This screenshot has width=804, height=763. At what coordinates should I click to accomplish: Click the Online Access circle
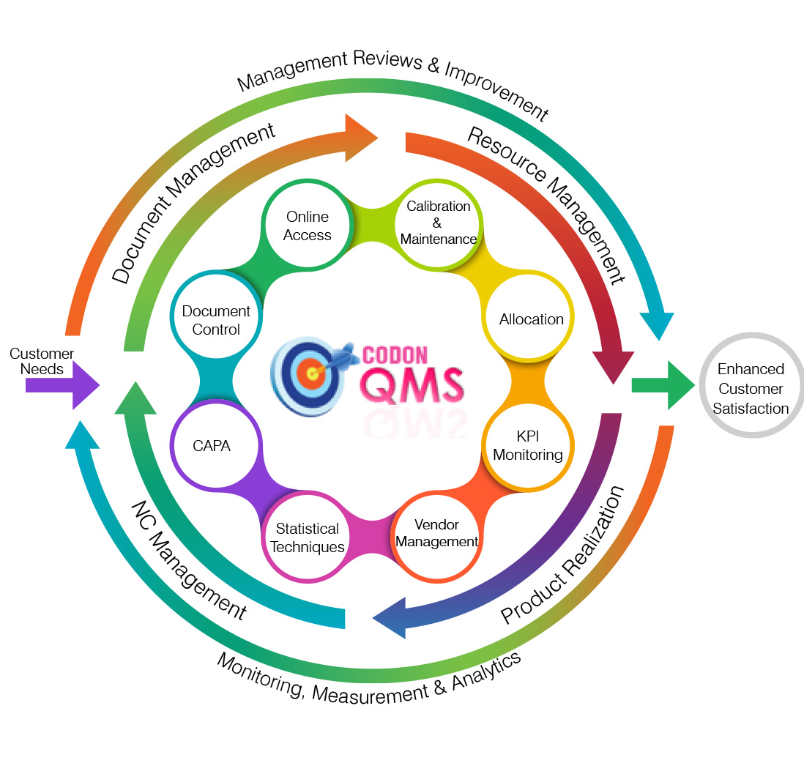coord(308,226)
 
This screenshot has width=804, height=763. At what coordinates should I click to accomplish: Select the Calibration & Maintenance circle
coord(439,223)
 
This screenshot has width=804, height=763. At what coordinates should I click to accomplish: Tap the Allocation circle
coord(531,319)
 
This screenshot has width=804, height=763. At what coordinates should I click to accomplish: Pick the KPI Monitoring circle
coord(527,446)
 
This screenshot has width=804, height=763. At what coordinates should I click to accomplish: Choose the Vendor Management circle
coord(436,534)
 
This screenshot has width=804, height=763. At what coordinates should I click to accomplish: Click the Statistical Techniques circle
coord(307,537)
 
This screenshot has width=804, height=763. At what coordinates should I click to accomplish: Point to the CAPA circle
coord(212,445)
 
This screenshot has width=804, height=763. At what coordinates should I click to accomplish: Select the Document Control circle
coord(215,320)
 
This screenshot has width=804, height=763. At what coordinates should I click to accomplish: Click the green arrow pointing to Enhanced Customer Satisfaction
coord(662,385)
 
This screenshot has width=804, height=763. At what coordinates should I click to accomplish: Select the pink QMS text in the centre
coord(414,384)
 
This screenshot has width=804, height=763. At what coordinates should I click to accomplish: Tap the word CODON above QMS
coord(395,355)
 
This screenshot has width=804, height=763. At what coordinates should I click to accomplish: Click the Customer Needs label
coord(42,361)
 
